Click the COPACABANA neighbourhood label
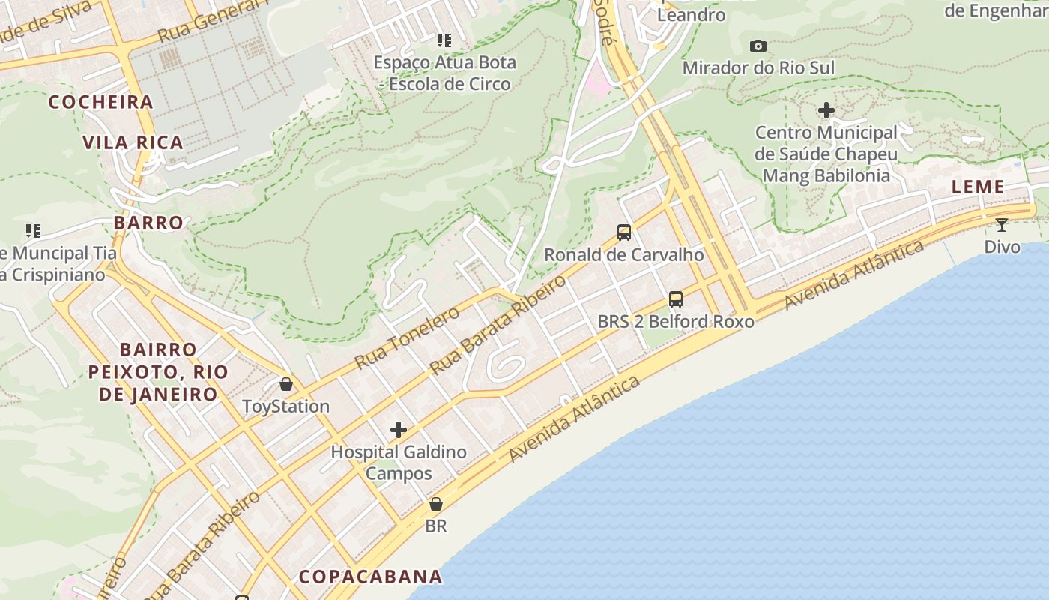(x=370, y=577)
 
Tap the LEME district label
(x=977, y=187)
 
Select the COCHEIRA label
(x=100, y=102)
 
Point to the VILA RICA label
(x=133, y=142)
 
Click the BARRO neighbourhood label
(x=148, y=223)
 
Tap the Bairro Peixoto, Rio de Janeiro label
(x=158, y=372)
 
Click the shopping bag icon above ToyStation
(x=286, y=385)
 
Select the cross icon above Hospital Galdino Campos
(x=399, y=430)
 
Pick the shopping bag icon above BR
(x=436, y=504)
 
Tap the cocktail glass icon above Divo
(x=1001, y=225)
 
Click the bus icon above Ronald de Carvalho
(x=624, y=232)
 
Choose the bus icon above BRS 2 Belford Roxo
(x=676, y=300)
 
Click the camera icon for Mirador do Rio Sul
(x=758, y=46)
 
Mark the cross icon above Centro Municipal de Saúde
(x=826, y=111)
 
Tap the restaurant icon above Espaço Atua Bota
(x=444, y=40)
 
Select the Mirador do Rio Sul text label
(x=758, y=67)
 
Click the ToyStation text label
(x=285, y=406)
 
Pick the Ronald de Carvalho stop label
(x=623, y=254)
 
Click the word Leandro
(x=691, y=15)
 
